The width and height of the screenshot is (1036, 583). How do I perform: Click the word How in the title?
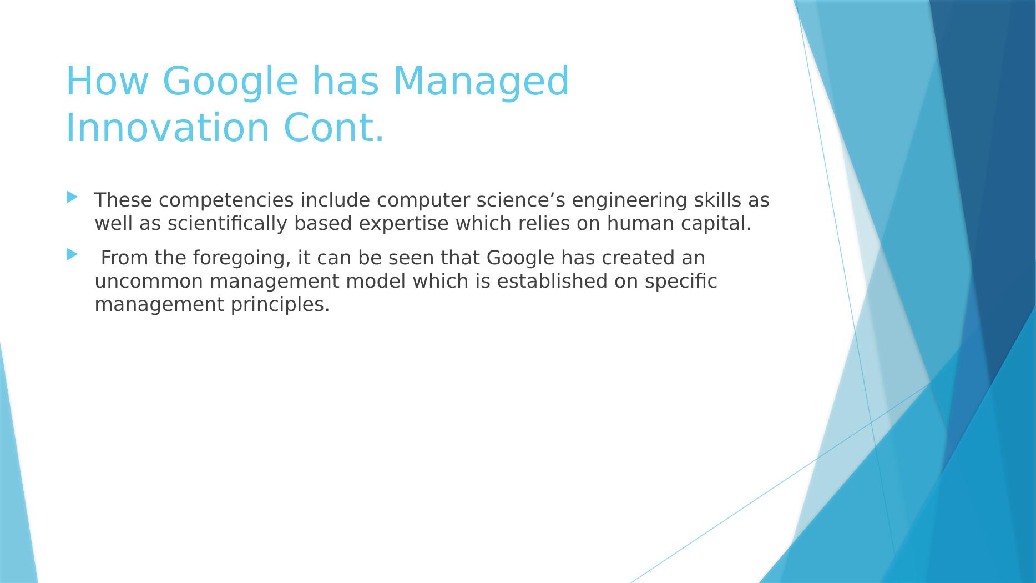point(107,81)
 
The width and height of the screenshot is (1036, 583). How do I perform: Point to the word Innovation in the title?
point(168,128)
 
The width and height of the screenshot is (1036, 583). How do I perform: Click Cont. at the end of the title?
point(333,128)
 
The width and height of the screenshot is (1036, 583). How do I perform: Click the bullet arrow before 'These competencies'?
point(72,197)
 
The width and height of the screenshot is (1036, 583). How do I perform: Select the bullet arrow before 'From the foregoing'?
point(72,255)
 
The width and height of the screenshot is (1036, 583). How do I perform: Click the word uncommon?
point(149,282)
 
